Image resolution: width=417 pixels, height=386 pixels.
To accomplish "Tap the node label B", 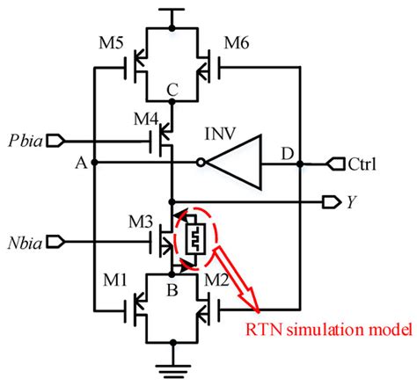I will [x=173, y=287].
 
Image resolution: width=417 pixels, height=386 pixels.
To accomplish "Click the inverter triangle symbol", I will [x=237, y=163].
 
